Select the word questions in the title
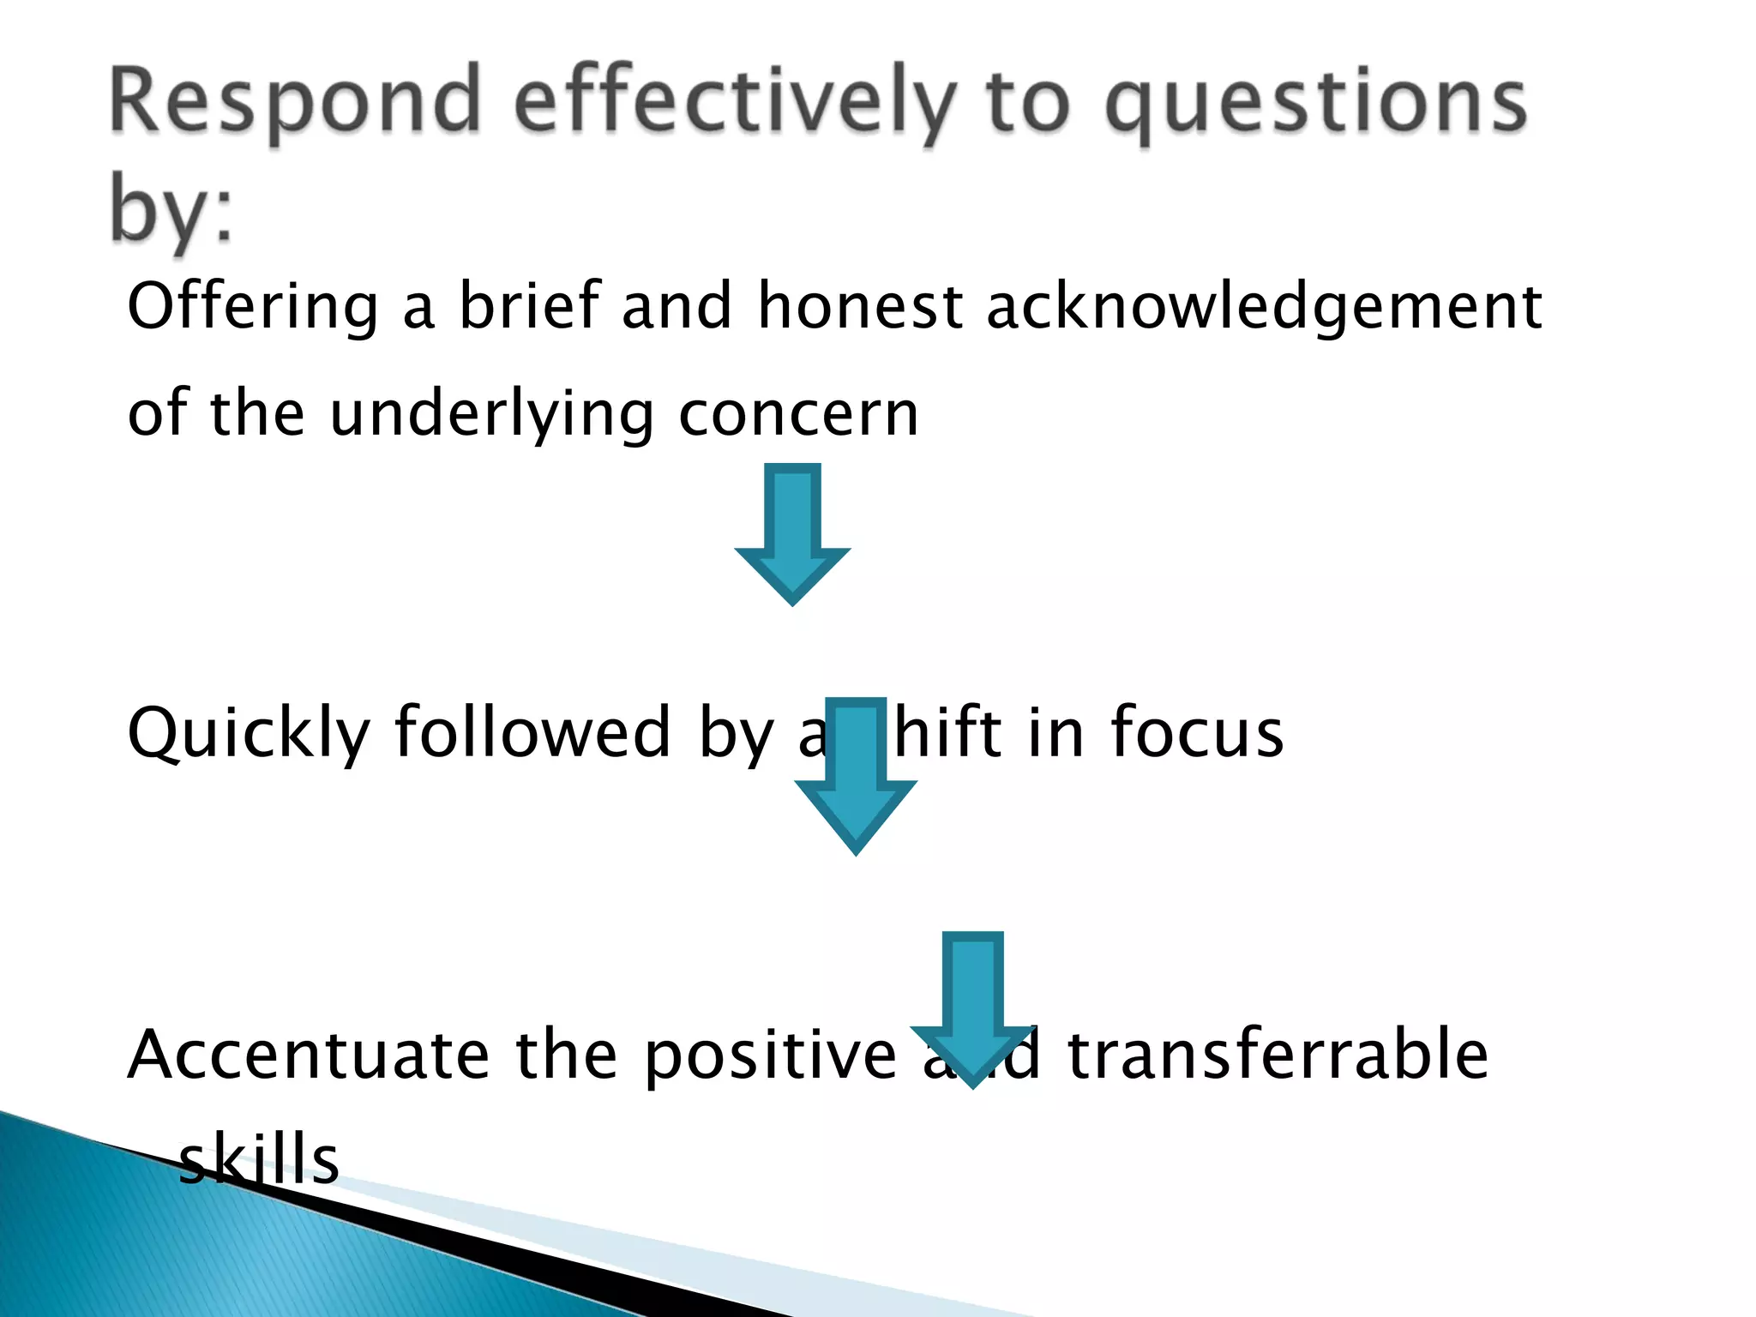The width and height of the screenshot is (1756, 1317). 1316,107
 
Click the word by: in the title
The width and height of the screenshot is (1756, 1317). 171,210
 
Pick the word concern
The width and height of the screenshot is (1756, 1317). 798,414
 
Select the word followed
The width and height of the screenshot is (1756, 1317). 532,733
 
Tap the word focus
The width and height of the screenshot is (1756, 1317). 1197,733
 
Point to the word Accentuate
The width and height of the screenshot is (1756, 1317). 309,1055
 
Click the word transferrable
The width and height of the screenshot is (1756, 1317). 1278,1055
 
